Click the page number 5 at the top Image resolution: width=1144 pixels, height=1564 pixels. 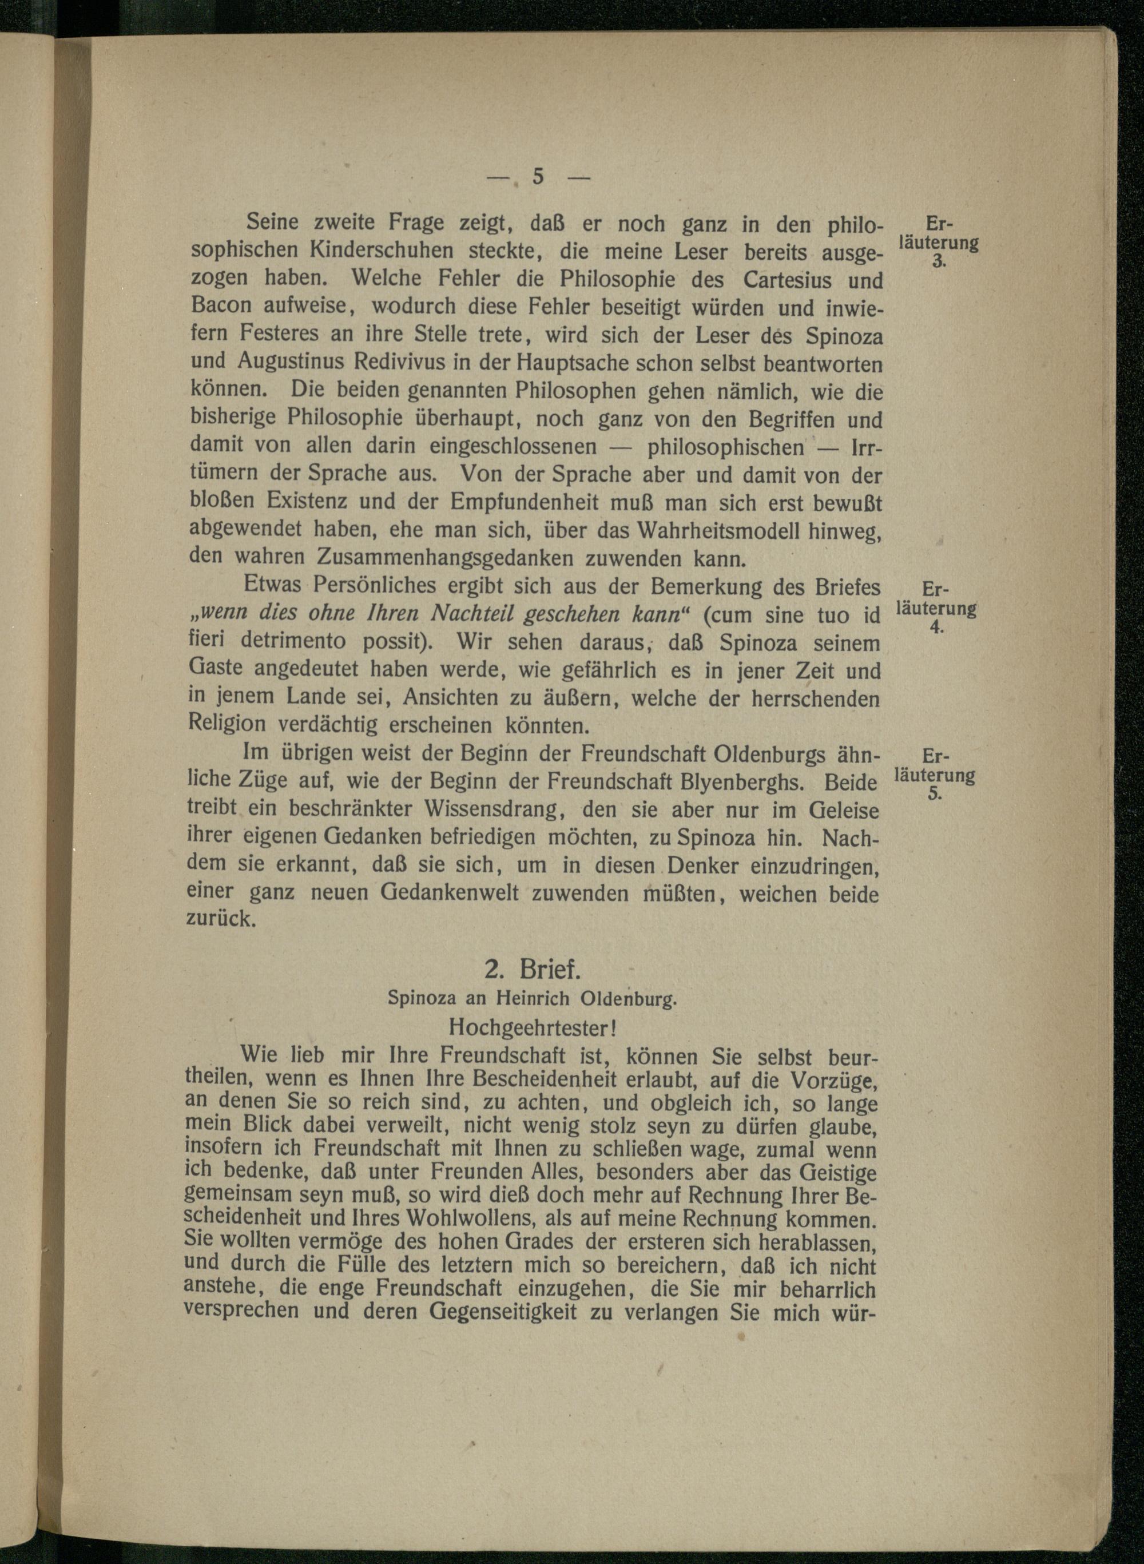(x=538, y=177)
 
